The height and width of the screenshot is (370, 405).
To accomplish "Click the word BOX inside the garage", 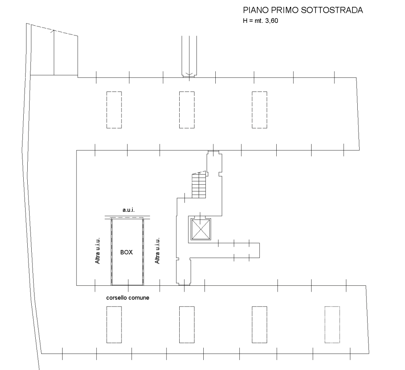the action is tap(127, 252).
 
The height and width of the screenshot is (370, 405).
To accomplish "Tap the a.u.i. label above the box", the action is tap(129, 210).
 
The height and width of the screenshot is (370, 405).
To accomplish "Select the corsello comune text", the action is tap(128, 298).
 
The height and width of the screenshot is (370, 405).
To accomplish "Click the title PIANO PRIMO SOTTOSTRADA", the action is tap(303, 10).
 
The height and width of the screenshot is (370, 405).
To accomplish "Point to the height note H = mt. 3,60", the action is tap(260, 21).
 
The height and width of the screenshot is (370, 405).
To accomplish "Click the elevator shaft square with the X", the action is tap(200, 229).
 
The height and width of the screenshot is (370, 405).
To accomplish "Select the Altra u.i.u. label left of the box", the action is tap(97, 250).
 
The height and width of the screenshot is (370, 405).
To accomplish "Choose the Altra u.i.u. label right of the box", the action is tap(157, 250).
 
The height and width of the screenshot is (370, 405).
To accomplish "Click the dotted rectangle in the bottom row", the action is tap(332, 325).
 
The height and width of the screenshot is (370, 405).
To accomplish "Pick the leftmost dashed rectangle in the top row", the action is tap(114, 110).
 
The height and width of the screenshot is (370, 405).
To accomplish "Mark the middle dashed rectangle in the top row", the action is tap(187, 110).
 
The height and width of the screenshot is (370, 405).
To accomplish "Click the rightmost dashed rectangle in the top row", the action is tap(259, 110).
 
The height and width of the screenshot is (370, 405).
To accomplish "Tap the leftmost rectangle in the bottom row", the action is tap(114, 325).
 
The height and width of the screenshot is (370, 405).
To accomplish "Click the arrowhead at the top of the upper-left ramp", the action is tap(53, 30).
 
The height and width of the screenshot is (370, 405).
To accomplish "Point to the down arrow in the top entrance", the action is tap(189, 75).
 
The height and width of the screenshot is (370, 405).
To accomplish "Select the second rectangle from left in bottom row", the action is tap(187, 325).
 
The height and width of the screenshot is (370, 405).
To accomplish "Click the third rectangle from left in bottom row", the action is tap(259, 325).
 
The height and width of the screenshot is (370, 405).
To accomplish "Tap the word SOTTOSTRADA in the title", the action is tap(332, 10).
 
